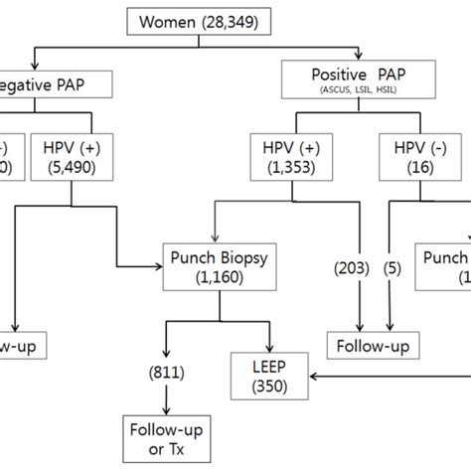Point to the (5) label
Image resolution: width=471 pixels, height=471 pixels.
pos(393,266)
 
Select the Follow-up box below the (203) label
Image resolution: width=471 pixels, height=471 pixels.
pos(372,345)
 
